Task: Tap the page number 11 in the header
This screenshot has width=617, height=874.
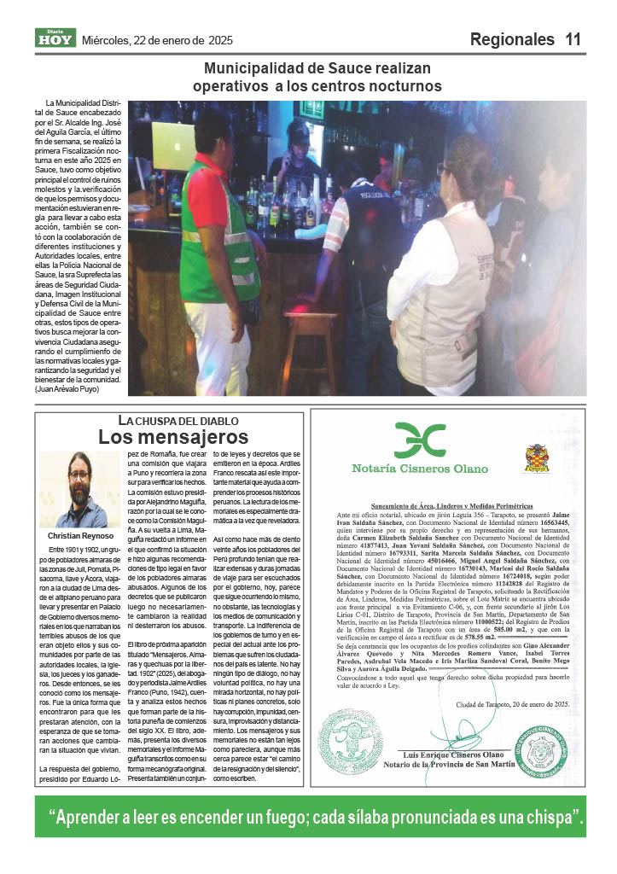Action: pos(573,39)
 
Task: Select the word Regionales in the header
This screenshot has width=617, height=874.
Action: pos(512,39)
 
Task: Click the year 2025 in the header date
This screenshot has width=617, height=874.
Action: pos(221,40)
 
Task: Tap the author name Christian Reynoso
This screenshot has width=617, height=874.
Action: pos(75,537)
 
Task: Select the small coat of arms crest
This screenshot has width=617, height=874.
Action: pos(537,457)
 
